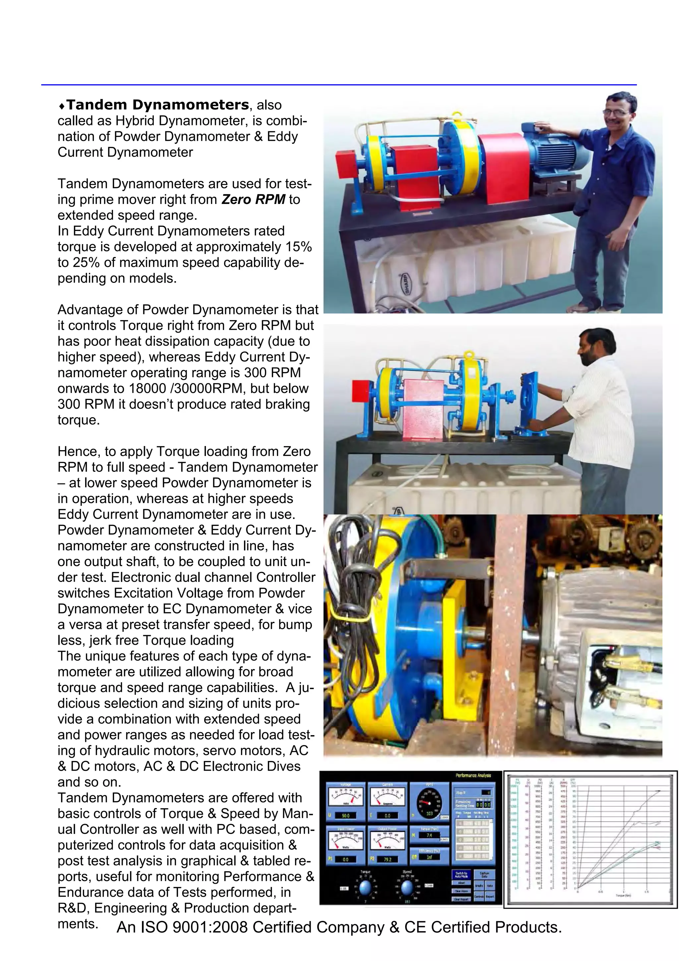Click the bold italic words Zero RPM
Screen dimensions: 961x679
pos(253,199)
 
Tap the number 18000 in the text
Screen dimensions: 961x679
pos(147,388)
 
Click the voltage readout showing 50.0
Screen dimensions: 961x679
pos(346,815)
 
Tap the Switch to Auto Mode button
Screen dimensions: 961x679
pos(462,874)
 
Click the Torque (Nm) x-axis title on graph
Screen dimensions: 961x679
pos(623,895)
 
